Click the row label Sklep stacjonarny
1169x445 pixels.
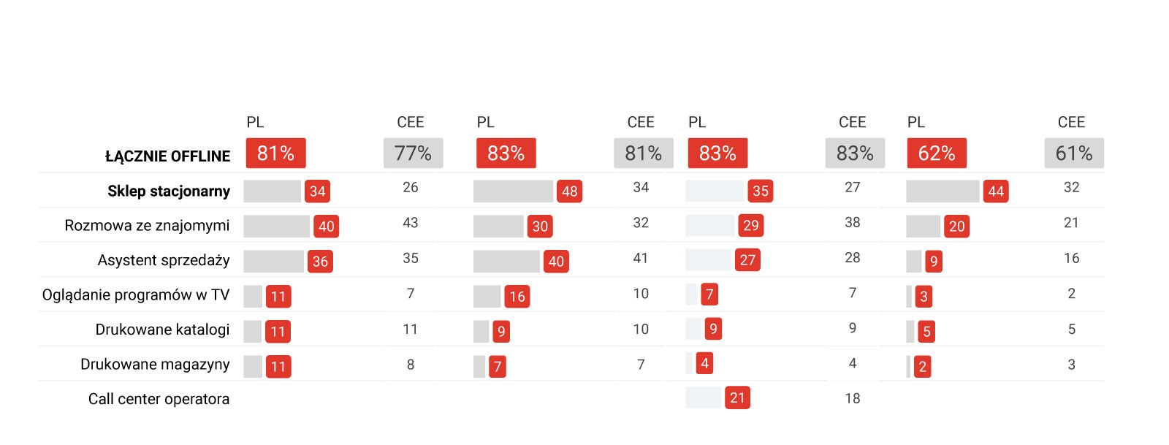[169, 191]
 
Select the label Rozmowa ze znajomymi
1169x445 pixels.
[147, 226]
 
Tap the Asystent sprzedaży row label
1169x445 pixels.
[164, 261]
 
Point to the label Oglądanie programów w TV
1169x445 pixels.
[136, 295]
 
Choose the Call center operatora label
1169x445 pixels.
[159, 399]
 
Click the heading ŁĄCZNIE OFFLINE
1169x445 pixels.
[167, 156]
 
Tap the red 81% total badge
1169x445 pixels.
[275, 153]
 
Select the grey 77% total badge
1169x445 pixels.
[413, 153]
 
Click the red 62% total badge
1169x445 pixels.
[936, 153]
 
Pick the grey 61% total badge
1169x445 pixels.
[1073, 153]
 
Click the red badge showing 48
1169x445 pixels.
[569, 191]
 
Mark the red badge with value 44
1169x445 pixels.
[996, 191]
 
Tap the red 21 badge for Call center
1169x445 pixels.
[737, 398]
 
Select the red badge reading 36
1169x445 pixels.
[320, 262]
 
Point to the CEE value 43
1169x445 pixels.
[411, 223]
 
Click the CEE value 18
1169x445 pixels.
[853, 399]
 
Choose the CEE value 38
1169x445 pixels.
[853, 223]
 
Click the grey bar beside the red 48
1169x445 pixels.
[513, 191]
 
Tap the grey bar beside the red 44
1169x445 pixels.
[943, 191]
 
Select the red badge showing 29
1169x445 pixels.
[750, 226]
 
